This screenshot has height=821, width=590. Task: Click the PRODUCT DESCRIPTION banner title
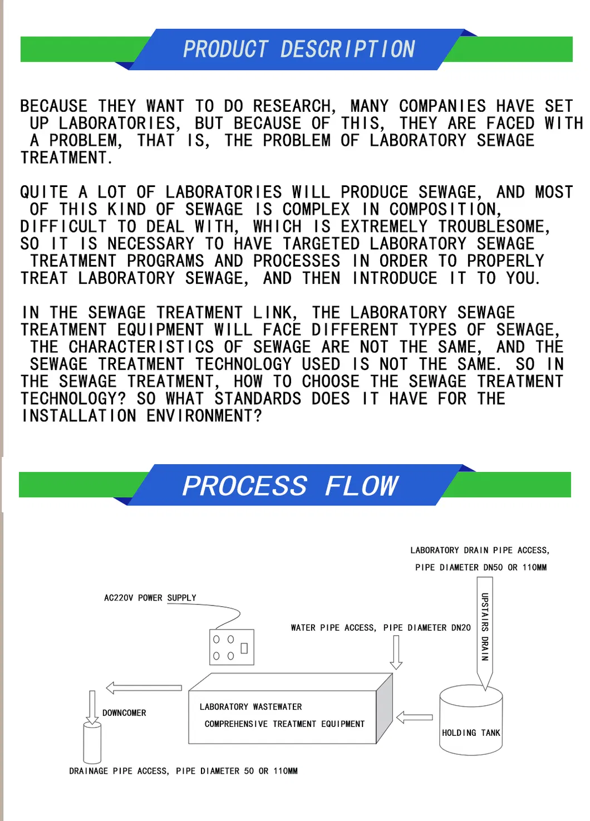[x=299, y=49]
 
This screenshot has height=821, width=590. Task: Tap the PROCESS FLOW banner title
[x=290, y=486]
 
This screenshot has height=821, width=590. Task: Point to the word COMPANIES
[x=442, y=106]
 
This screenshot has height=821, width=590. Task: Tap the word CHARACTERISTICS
[x=141, y=347]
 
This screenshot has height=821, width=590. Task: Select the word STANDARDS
[x=258, y=399]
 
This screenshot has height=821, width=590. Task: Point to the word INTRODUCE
[x=395, y=278]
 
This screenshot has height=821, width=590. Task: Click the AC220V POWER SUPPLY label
[x=150, y=598]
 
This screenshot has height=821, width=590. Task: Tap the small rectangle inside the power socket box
[x=244, y=648]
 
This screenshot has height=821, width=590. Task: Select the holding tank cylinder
[x=471, y=721]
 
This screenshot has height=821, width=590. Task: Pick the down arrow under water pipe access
[x=396, y=652]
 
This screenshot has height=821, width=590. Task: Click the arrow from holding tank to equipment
[x=414, y=717]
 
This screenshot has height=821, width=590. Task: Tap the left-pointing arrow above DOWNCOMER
[x=144, y=688]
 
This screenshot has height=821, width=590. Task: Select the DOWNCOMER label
[x=124, y=713]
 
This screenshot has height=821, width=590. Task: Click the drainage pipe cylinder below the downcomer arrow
[x=92, y=743]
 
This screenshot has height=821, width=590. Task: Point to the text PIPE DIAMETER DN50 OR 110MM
[x=480, y=568]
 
